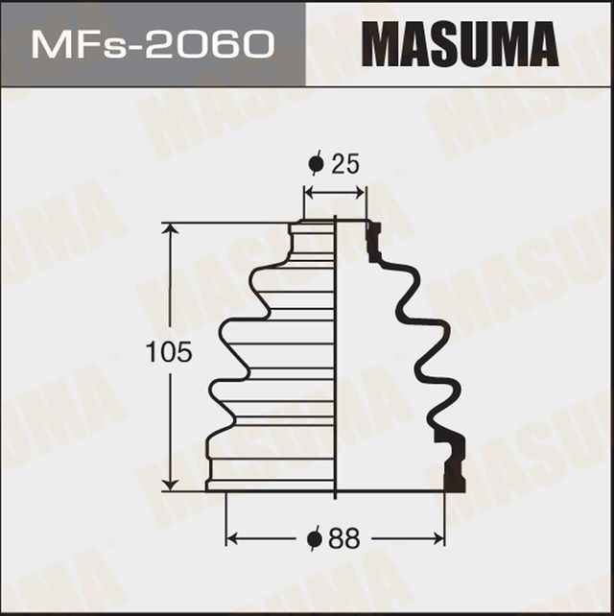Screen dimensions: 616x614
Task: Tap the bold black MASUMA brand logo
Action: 460,44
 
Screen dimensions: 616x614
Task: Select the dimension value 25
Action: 346,164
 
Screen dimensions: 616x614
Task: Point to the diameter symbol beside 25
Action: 316,164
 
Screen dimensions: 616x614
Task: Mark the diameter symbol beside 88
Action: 314,539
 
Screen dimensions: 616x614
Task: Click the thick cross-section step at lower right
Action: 453,461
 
